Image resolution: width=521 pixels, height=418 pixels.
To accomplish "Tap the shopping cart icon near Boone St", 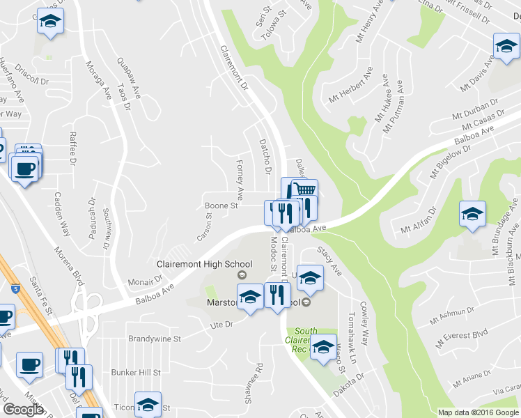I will tap(304, 190).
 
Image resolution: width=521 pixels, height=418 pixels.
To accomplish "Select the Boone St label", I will tap(221, 206).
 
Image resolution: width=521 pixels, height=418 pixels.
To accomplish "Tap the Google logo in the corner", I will tap(23, 409).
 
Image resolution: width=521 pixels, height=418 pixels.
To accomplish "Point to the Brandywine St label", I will tap(155, 339).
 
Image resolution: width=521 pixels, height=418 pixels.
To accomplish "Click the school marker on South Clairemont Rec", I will tap(322, 346).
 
